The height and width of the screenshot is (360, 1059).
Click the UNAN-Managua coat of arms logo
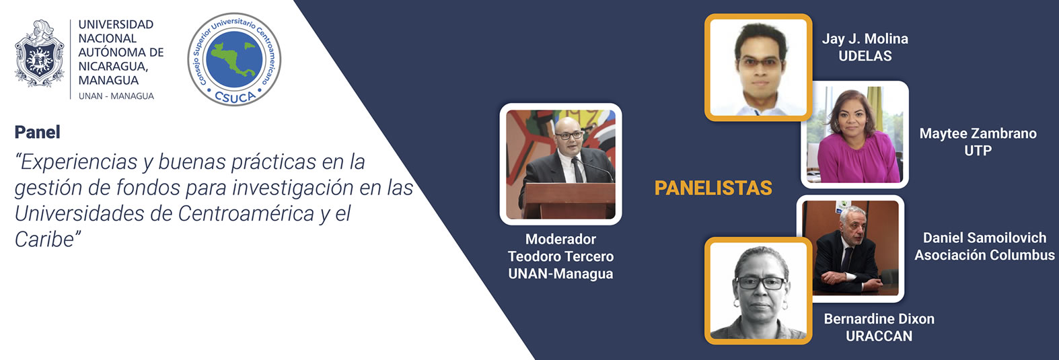point(39,53)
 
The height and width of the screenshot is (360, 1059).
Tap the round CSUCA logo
point(234,59)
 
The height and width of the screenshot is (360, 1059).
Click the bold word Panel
point(38,132)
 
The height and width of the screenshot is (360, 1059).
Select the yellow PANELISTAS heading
point(713,188)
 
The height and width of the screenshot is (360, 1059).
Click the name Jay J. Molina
point(865,38)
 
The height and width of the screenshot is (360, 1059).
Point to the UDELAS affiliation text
point(865,56)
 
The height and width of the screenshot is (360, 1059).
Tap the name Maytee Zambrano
point(978,133)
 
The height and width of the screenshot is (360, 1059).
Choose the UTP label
point(978,151)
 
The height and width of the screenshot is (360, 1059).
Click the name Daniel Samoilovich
point(985,238)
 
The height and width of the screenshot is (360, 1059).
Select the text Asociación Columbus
point(985,255)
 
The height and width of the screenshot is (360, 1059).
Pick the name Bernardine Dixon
point(879,319)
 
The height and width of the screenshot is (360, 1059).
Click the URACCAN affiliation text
point(879,336)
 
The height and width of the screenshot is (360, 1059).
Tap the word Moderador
point(560,239)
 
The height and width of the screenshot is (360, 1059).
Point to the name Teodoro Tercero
point(560,256)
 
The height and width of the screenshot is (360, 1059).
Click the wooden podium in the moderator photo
point(569,201)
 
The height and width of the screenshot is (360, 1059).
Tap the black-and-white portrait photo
point(758,291)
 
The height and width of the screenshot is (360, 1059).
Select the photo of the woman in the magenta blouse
point(854,135)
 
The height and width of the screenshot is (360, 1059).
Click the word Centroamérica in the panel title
point(246,213)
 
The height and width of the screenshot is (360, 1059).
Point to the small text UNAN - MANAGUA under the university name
point(116,96)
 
